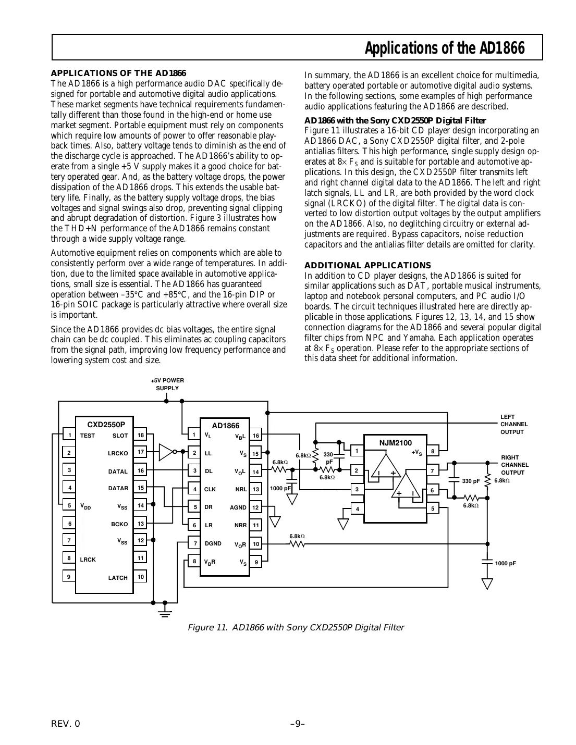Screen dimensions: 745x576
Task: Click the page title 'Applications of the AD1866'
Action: (x=444, y=48)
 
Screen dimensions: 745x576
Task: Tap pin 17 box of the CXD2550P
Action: (x=140, y=452)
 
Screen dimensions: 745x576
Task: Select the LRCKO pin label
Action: (x=118, y=453)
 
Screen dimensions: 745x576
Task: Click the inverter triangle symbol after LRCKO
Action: (x=166, y=452)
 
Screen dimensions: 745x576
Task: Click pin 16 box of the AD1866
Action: (x=256, y=436)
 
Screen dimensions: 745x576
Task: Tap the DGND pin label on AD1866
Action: (x=213, y=543)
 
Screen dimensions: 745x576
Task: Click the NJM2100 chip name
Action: (x=395, y=443)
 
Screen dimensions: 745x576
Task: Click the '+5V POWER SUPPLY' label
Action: (x=167, y=384)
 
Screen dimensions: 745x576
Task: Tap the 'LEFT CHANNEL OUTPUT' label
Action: (x=514, y=424)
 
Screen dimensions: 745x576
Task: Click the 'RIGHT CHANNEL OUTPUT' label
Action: (x=514, y=465)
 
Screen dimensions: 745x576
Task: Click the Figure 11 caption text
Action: (x=296, y=627)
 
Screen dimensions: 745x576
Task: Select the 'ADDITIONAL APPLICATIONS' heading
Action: (x=367, y=265)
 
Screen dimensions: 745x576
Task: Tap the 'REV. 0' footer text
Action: (x=66, y=724)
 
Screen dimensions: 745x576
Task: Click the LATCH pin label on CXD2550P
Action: (x=118, y=578)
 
